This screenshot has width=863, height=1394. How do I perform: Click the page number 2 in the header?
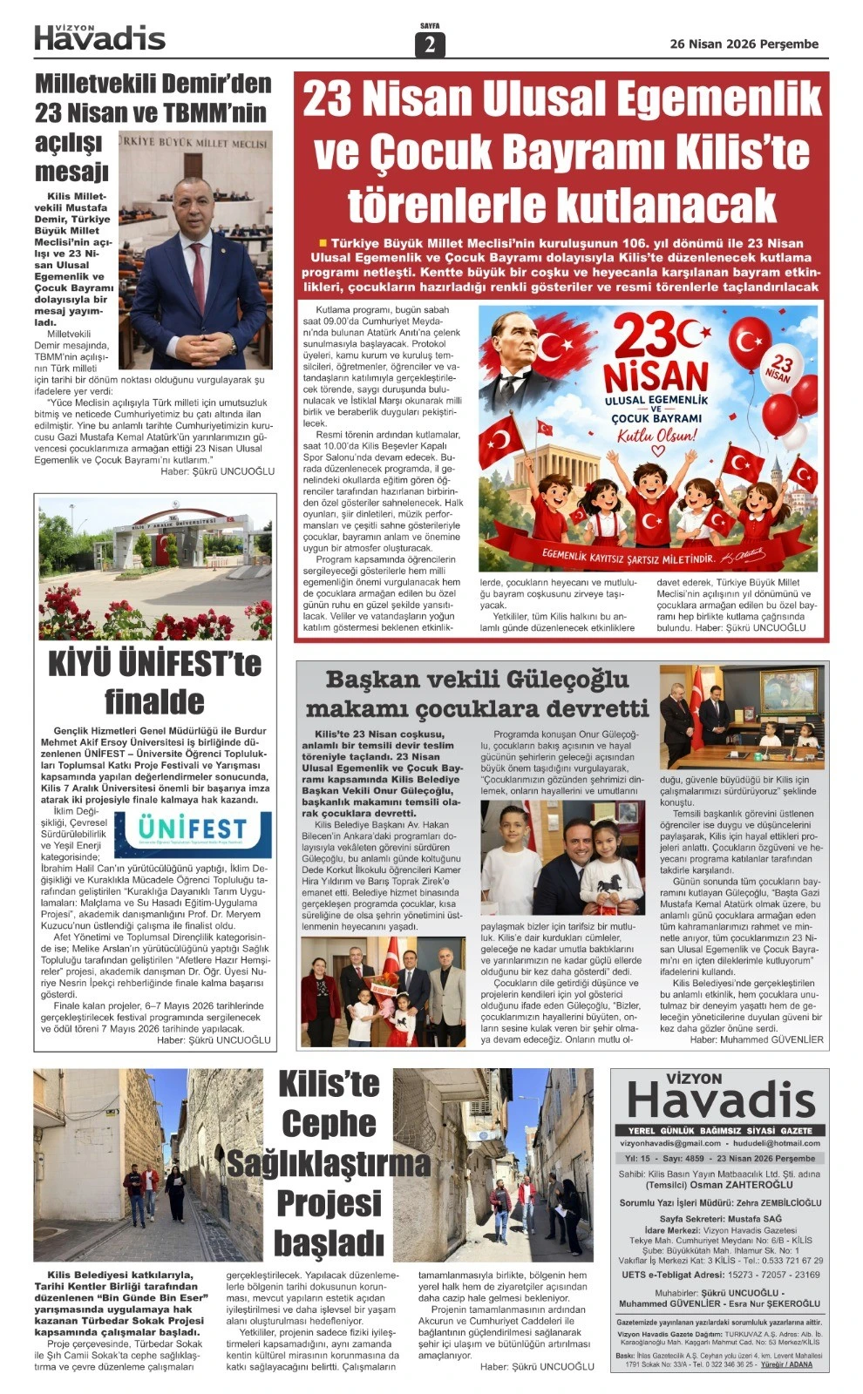coord(430,44)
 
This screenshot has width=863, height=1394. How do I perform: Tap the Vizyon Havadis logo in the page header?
coord(99,37)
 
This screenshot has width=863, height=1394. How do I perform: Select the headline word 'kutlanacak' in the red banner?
coord(561,205)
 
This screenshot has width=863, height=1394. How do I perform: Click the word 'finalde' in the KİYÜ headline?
coord(154,701)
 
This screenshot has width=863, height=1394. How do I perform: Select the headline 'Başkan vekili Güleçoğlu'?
coord(477,680)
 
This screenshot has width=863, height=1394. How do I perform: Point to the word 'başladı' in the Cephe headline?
coord(329,1242)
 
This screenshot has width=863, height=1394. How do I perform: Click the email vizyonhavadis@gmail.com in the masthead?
coord(670,1142)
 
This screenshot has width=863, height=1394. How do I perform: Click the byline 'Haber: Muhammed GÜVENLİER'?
coord(756,1039)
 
